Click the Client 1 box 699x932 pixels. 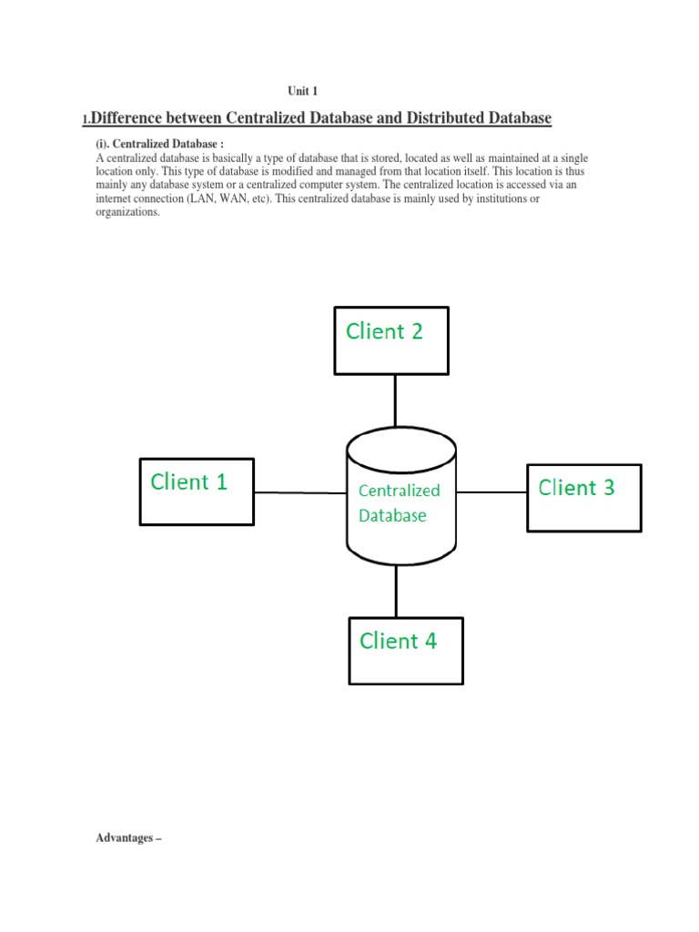[196, 491]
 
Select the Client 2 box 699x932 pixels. [391, 340]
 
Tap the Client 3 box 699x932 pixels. [583, 497]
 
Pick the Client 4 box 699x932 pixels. [406, 651]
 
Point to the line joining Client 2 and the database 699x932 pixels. [395, 400]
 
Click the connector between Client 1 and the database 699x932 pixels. [300, 492]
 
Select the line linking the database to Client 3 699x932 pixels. [491, 492]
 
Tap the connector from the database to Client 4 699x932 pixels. [395, 592]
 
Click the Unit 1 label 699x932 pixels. [302, 91]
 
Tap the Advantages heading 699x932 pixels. [127, 838]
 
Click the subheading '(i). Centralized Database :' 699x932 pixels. [159, 146]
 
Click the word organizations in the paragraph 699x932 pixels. [127, 212]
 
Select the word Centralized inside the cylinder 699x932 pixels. [399, 491]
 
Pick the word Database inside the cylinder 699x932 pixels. [391, 516]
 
